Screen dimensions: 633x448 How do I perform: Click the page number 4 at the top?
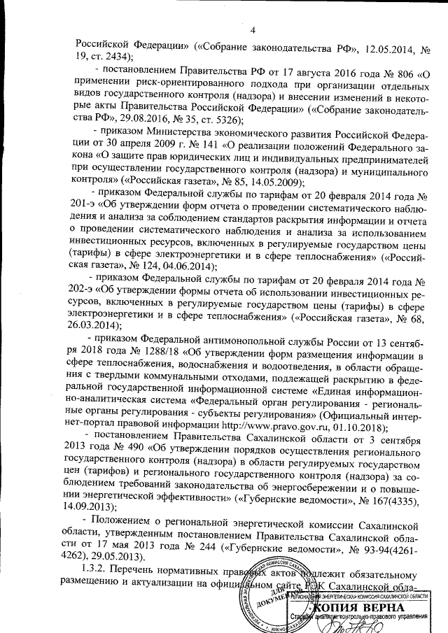pyautogui.click(x=253, y=29)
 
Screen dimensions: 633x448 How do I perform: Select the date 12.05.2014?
pyautogui.click(x=388, y=51)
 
